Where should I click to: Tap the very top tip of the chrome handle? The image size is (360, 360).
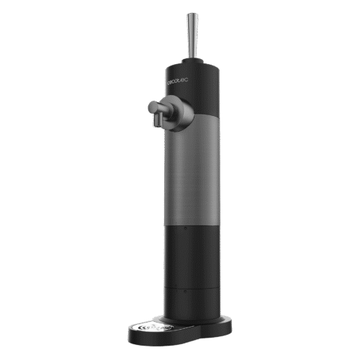click(x=192, y=14)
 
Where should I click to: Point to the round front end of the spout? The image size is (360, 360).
click(x=152, y=109)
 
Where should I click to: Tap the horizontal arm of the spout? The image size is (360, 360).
click(x=162, y=108)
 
